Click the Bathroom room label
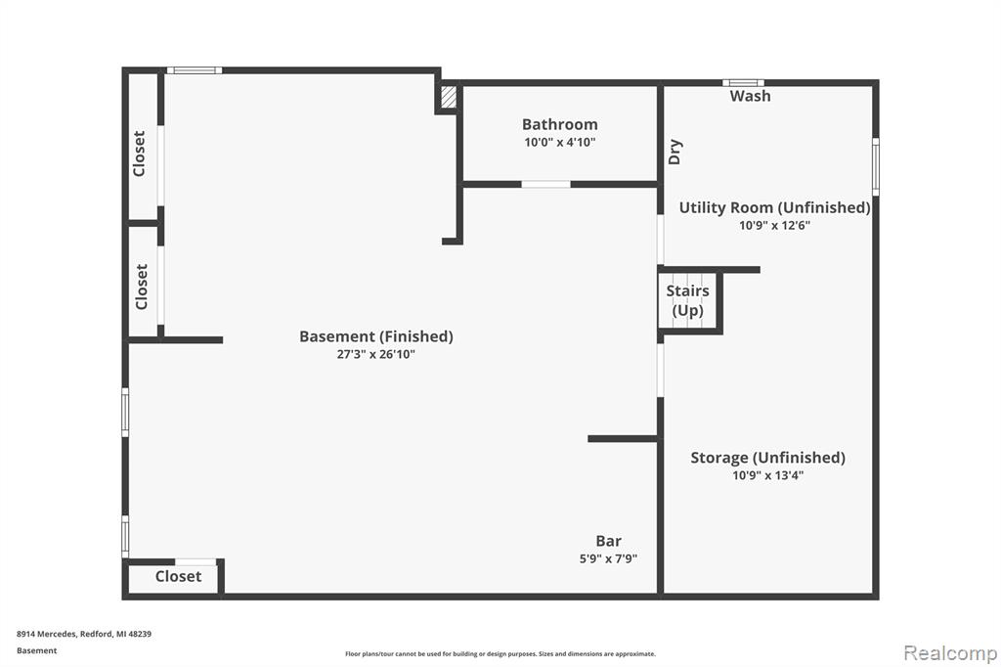click(560, 124)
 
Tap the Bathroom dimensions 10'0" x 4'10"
click(560, 142)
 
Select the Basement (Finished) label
click(376, 336)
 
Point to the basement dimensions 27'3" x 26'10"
click(376, 354)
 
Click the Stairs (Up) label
click(687, 300)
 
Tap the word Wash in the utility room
click(750, 96)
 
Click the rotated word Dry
click(675, 152)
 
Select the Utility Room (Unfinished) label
click(774, 207)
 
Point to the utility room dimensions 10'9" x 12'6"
click(774, 225)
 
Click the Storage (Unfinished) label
click(768, 458)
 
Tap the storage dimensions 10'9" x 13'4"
click(768, 475)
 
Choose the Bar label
click(608, 541)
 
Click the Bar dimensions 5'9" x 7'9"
click(608, 559)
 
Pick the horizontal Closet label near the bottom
click(178, 576)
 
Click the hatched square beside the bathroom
click(449, 97)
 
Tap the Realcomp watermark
click(950, 653)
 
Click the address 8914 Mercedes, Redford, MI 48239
click(84, 634)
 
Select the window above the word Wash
click(743, 82)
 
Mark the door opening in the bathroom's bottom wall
click(545, 185)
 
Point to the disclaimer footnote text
click(500, 653)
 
